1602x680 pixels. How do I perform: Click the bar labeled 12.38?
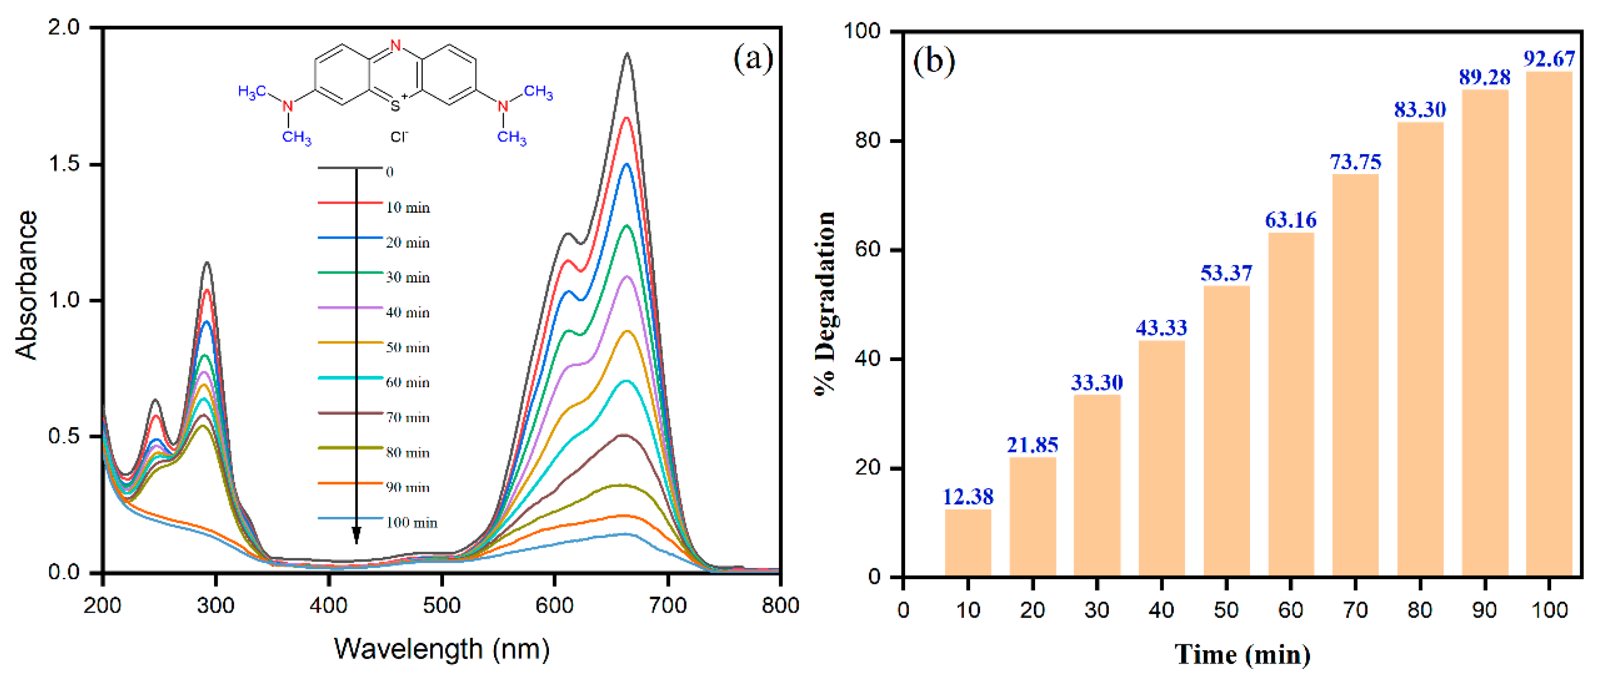pos(968,543)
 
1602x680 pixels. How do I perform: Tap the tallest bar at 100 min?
pos(1548,324)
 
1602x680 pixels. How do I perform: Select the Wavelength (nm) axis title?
pos(442,649)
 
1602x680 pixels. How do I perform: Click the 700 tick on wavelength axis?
pos(667,605)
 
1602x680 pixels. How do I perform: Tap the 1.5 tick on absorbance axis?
pos(65,164)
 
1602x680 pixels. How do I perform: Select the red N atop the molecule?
pos(395,45)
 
